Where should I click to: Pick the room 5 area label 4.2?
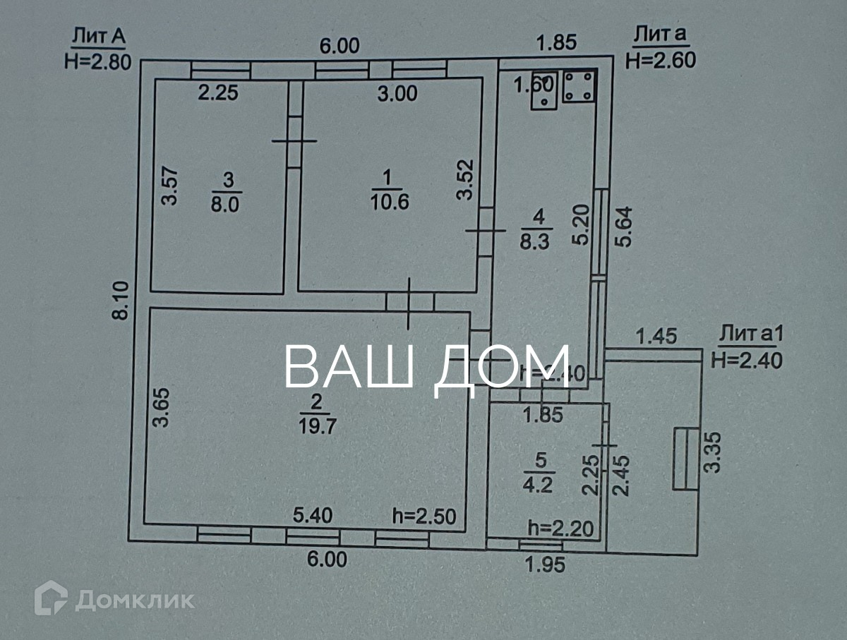540,485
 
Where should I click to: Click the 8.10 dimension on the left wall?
121,300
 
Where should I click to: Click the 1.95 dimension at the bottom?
545,564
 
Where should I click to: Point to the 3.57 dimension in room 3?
169,186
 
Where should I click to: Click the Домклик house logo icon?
51,598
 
